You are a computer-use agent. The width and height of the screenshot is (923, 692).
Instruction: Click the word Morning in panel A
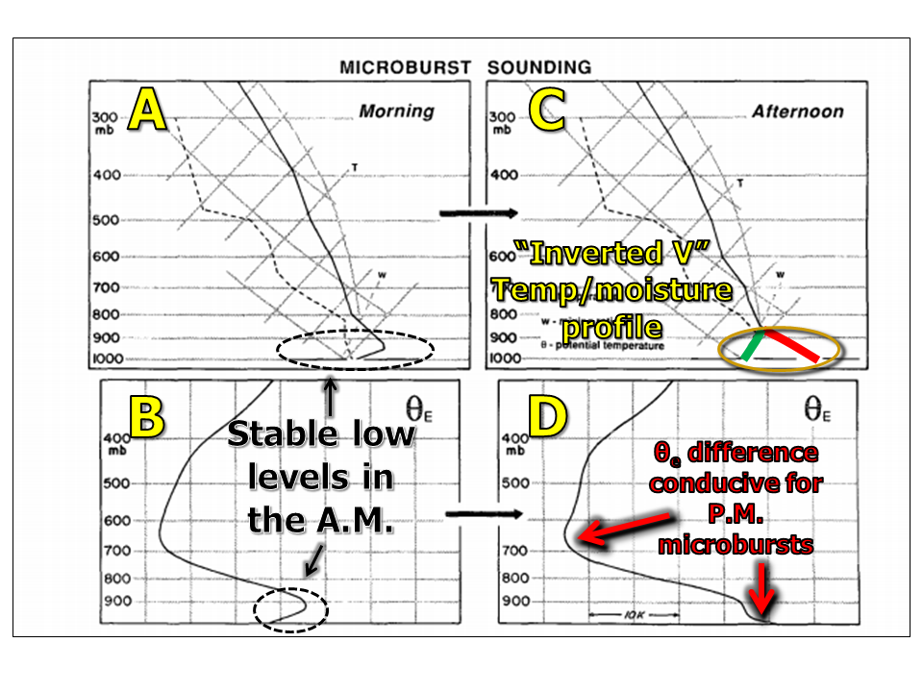pyautogui.click(x=396, y=111)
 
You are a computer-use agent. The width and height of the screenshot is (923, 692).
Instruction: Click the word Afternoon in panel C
pyautogui.click(x=797, y=111)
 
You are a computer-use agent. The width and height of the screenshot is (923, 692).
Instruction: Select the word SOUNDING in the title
pyautogui.click(x=538, y=67)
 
